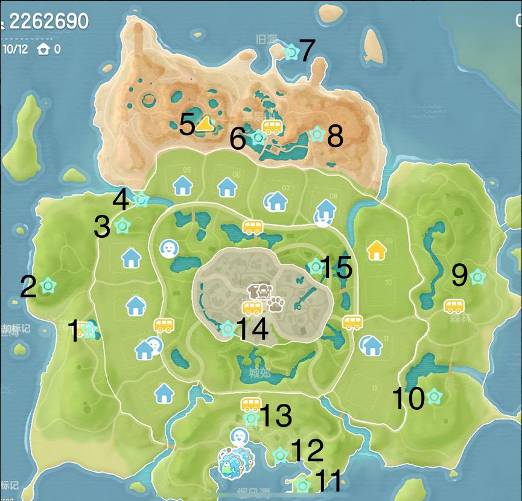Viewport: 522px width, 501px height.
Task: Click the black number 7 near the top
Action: point(307,51)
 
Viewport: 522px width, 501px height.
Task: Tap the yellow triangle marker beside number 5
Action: point(206,123)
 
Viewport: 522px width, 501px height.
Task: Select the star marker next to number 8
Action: point(316,133)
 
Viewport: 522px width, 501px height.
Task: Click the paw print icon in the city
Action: point(276,304)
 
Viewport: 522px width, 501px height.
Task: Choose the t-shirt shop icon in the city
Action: point(261,291)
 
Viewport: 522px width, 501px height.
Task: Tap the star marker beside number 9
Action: point(477,276)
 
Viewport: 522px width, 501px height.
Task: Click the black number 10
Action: point(408,398)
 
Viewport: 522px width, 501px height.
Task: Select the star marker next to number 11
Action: point(302,484)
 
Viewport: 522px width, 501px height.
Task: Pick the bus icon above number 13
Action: point(250,404)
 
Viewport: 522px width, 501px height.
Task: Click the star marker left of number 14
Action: point(228,328)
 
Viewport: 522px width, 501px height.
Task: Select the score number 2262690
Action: point(48,22)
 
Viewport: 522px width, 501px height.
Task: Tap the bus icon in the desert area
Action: point(272,127)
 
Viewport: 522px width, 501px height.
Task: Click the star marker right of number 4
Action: point(141,197)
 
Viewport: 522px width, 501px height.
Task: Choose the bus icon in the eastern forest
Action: point(454,306)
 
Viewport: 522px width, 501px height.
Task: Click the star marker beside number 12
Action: point(280,455)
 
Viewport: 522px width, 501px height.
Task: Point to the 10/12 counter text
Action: point(16,49)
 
